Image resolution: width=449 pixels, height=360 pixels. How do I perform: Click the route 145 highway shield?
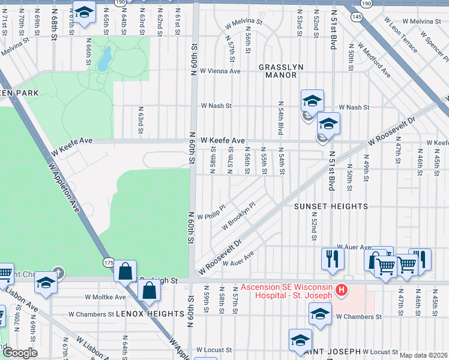pos(357,17)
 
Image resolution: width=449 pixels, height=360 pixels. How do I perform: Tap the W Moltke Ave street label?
pos(105,296)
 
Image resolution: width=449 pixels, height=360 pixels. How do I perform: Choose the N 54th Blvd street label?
pos(280,118)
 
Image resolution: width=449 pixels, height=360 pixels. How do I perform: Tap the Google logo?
pos(20,353)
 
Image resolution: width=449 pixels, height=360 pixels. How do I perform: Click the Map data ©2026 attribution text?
pos(423,355)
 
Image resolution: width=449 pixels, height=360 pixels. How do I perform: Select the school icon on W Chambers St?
pos(320,314)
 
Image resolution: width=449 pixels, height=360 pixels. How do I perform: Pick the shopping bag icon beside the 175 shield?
pos(125,271)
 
